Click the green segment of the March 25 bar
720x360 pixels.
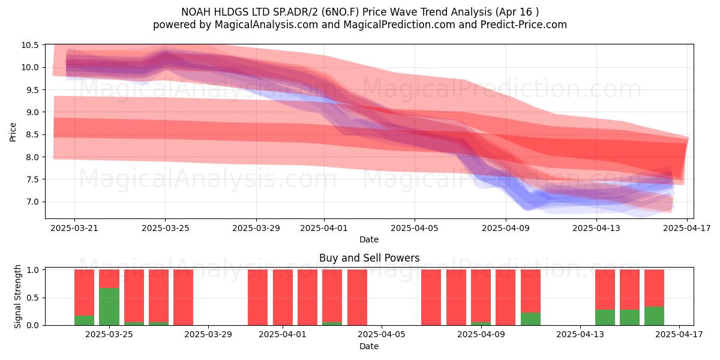pos(109,307)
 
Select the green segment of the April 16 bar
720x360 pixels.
pos(654,316)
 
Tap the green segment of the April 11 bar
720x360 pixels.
pos(530,319)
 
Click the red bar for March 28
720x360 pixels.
pos(183,298)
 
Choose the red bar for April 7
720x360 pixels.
pos(431,298)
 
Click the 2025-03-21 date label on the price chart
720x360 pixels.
pos(74,228)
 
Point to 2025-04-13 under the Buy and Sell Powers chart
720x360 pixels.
pos(580,334)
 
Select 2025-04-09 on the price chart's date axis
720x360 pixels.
pos(506,228)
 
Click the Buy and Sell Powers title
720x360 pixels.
pos(370,258)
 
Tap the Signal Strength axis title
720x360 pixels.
pos(17,296)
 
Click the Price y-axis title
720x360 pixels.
pos(13,132)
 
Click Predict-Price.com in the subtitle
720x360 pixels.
pos(524,25)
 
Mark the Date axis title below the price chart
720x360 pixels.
pos(369,239)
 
